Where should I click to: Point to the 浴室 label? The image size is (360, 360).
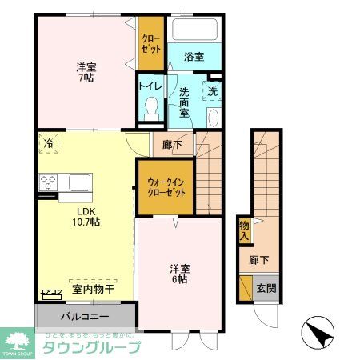pos(194,58)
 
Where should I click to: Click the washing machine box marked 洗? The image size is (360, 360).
pos(213,90)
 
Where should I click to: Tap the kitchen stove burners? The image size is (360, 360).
pos(47,181)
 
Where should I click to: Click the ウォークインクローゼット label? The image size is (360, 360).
pos(166,187)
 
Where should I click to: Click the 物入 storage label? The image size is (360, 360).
pos(244,231)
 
